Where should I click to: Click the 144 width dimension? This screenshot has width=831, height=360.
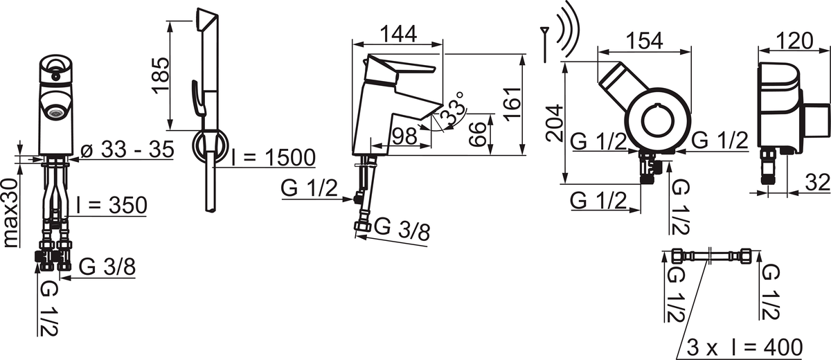tap(398, 34)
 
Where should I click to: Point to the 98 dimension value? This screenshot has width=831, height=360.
tap(404, 136)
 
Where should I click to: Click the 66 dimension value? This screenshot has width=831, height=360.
tap(477, 134)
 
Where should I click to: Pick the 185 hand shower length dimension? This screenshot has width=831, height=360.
tap(161, 75)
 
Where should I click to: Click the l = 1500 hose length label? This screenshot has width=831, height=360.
tap(274, 158)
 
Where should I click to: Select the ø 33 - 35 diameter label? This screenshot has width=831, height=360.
tap(127, 150)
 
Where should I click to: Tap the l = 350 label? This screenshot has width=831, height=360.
tap(111, 205)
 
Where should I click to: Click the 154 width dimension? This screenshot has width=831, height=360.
tap(645, 41)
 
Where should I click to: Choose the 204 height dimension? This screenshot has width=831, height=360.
tap(555, 123)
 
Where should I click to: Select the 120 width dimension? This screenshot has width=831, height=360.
tap(796, 41)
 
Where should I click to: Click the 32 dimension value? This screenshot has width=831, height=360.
tap(818, 183)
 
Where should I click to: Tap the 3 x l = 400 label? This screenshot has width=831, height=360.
tap(744, 348)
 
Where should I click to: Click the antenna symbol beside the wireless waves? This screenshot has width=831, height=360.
tap(544, 44)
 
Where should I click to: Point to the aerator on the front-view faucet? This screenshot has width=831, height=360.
tap(55, 112)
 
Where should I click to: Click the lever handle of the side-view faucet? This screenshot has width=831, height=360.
tap(399, 69)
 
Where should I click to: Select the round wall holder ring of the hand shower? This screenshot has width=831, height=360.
tap(211, 145)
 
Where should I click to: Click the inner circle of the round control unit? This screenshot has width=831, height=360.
tap(659, 122)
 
